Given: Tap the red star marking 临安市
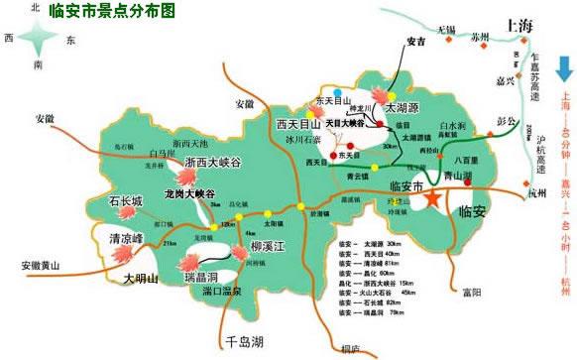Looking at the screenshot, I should pos(434,199).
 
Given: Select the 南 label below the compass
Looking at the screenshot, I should pos(37,65).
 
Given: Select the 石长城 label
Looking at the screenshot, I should pos(126,201).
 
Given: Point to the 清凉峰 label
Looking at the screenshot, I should pos(126,239).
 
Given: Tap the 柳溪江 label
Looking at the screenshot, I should pos(269,246).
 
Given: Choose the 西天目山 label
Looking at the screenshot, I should pos(299,124).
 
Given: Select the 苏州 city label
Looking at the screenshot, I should pos(481,36).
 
